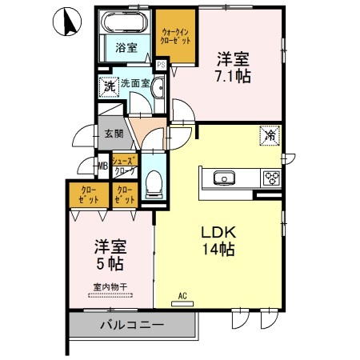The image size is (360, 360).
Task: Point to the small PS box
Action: pyautogui.click(x=161, y=65)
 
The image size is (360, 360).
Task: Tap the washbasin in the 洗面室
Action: pyautogui.click(x=158, y=90)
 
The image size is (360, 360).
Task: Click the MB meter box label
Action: pyautogui.click(x=102, y=166)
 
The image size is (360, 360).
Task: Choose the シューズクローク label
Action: pyautogui.click(x=124, y=166)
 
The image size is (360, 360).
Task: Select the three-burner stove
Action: pyautogui.click(x=270, y=178)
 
